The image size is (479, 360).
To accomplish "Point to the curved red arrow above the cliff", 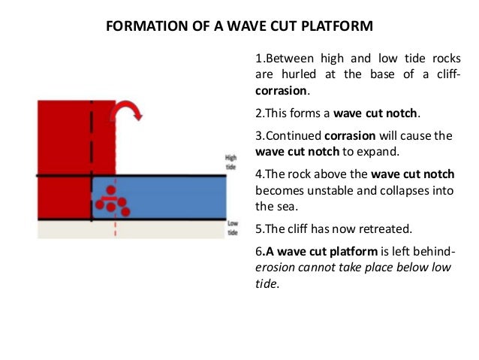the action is [x=127, y=112].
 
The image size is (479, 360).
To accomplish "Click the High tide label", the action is [x=231, y=162].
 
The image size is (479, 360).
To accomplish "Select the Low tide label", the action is [x=232, y=227].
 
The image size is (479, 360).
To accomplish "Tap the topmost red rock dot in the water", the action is [x=110, y=190].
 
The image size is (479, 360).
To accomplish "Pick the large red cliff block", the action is [x=64, y=143].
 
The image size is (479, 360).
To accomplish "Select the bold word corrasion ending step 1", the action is [x=282, y=90].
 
